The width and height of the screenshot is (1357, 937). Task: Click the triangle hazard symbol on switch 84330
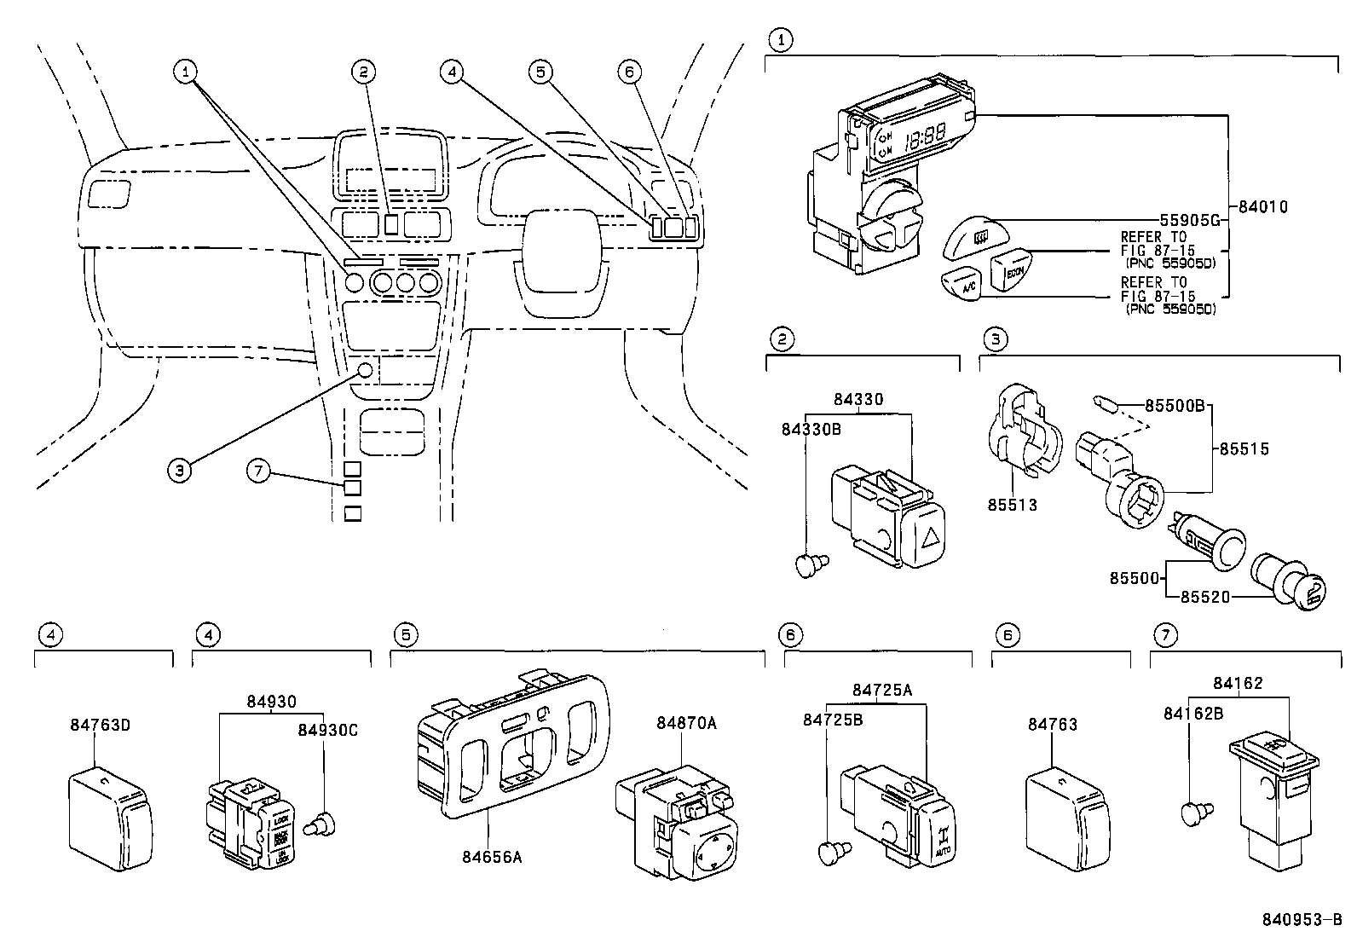(x=930, y=538)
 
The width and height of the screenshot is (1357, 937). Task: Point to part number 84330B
(x=811, y=429)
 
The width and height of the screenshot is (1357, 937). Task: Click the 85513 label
(x=1012, y=505)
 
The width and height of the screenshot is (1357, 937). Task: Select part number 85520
(x=1204, y=597)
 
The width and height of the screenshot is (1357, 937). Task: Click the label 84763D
(x=99, y=725)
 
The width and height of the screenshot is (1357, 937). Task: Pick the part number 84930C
(x=327, y=730)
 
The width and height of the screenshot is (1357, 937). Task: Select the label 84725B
(x=832, y=720)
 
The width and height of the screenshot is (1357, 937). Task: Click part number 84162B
(x=1193, y=713)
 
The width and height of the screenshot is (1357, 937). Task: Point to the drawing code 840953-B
(x=1301, y=921)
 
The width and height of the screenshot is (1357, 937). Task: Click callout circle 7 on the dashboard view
(x=259, y=470)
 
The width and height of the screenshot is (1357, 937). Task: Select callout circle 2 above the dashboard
(x=363, y=72)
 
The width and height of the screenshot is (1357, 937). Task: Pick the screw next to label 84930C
(x=324, y=823)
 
